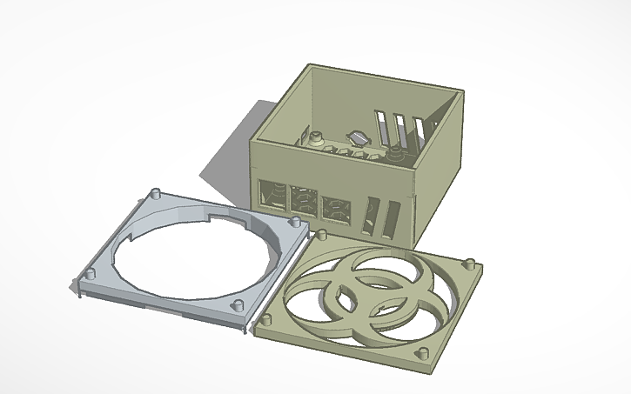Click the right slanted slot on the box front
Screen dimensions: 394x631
click(x=393, y=220)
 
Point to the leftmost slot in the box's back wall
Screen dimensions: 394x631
click(x=382, y=128)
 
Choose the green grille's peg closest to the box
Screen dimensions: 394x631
click(x=321, y=236)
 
